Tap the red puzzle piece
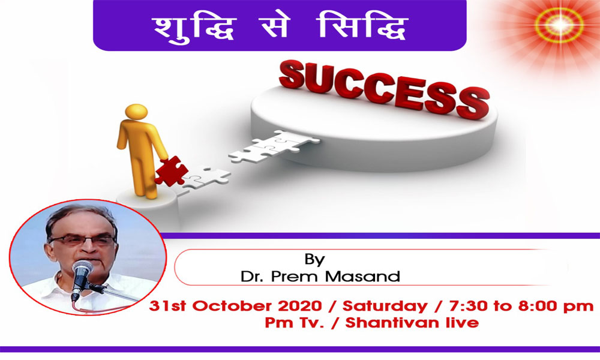pyautogui.click(x=171, y=170)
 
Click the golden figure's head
pyautogui.click(x=136, y=112)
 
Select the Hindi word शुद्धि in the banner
pyautogui.click(x=194, y=27)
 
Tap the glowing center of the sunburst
pyautogui.click(x=559, y=25)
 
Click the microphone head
pyautogui.click(x=82, y=269)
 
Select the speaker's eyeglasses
pyautogui.click(x=82, y=240)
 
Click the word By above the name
pyautogui.click(x=314, y=259)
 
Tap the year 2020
pyautogui.click(x=300, y=306)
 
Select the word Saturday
pyautogui.click(x=385, y=307)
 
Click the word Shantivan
pyautogui.click(x=392, y=323)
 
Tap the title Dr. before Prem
pyautogui.click(x=251, y=276)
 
